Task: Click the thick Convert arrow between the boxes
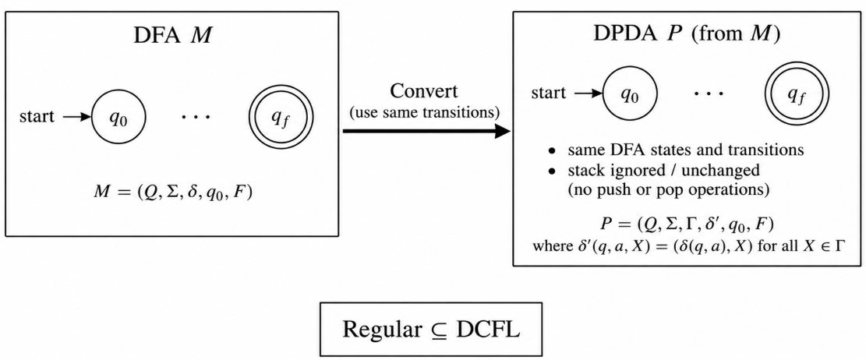[x=426, y=132]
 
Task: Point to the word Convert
[x=424, y=91]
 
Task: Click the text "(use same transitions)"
[x=425, y=113]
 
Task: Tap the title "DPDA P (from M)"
[x=687, y=35]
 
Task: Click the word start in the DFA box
[x=37, y=117]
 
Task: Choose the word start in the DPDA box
[x=549, y=94]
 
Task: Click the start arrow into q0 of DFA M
[x=76, y=117]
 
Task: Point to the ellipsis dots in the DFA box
[x=196, y=118]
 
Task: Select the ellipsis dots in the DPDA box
[x=709, y=94]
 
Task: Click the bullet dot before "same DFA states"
[x=552, y=150]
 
